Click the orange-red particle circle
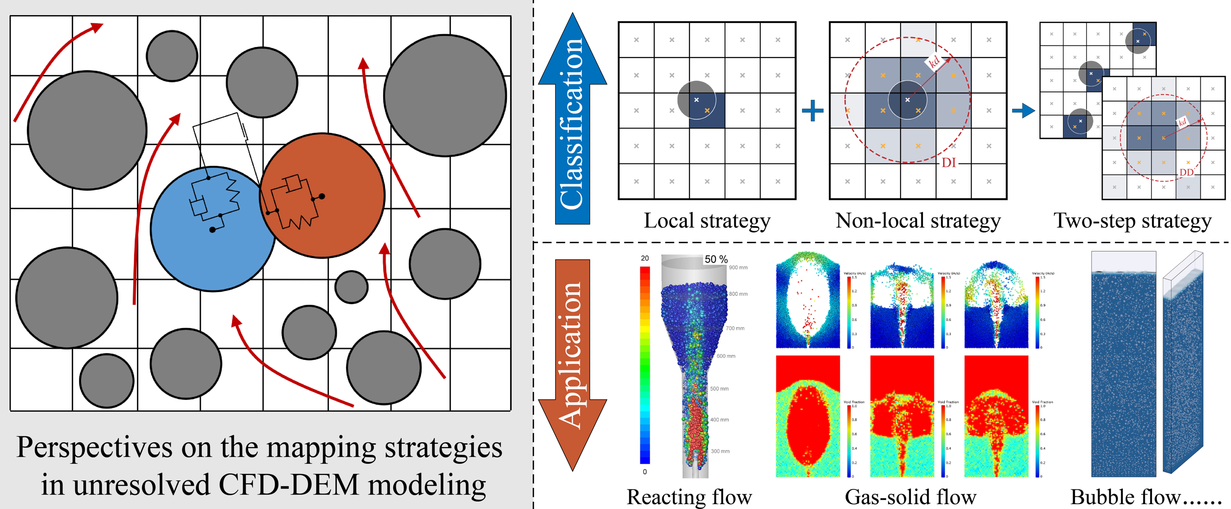tap(323, 195)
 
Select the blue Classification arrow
tap(572, 122)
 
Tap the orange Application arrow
tap(572, 361)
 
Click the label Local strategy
tap(707, 221)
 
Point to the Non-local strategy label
tap(918, 221)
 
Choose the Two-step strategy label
tap(1132, 221)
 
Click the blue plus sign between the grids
tap(812, 111)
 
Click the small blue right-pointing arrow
tap(1023, 111)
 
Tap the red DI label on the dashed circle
tap(948, 163)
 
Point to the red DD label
tap(1186, 173)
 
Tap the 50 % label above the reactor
tap(715, 259)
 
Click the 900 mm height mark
tap(738, 268)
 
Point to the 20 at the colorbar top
tap(645, 258)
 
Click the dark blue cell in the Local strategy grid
tap(707, 111)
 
